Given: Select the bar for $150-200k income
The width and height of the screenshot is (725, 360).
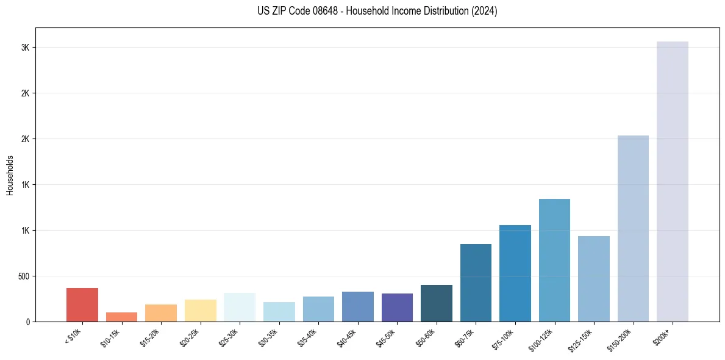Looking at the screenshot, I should coord(633,228).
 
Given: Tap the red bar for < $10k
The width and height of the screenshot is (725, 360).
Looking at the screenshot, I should coord(82,304).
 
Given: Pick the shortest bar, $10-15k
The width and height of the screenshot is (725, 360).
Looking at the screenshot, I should coord(121,317).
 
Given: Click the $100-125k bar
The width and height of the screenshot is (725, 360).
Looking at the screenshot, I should coord(554,260).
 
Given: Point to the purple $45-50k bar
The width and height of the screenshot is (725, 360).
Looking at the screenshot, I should coord(397,308).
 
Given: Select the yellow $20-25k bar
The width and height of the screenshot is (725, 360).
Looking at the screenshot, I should coord(200,311).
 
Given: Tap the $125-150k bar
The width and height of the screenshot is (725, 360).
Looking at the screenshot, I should coord(594,279).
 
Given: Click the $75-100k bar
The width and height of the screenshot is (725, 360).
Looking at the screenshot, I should coord(515,273).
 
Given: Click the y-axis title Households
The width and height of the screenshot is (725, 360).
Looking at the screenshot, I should coord(10,175).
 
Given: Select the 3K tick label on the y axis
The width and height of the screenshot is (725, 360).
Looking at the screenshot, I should coord(26,48).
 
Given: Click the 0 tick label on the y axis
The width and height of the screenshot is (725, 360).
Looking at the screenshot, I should coord(29,322).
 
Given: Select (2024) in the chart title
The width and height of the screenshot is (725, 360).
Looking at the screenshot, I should coord(485,11).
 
